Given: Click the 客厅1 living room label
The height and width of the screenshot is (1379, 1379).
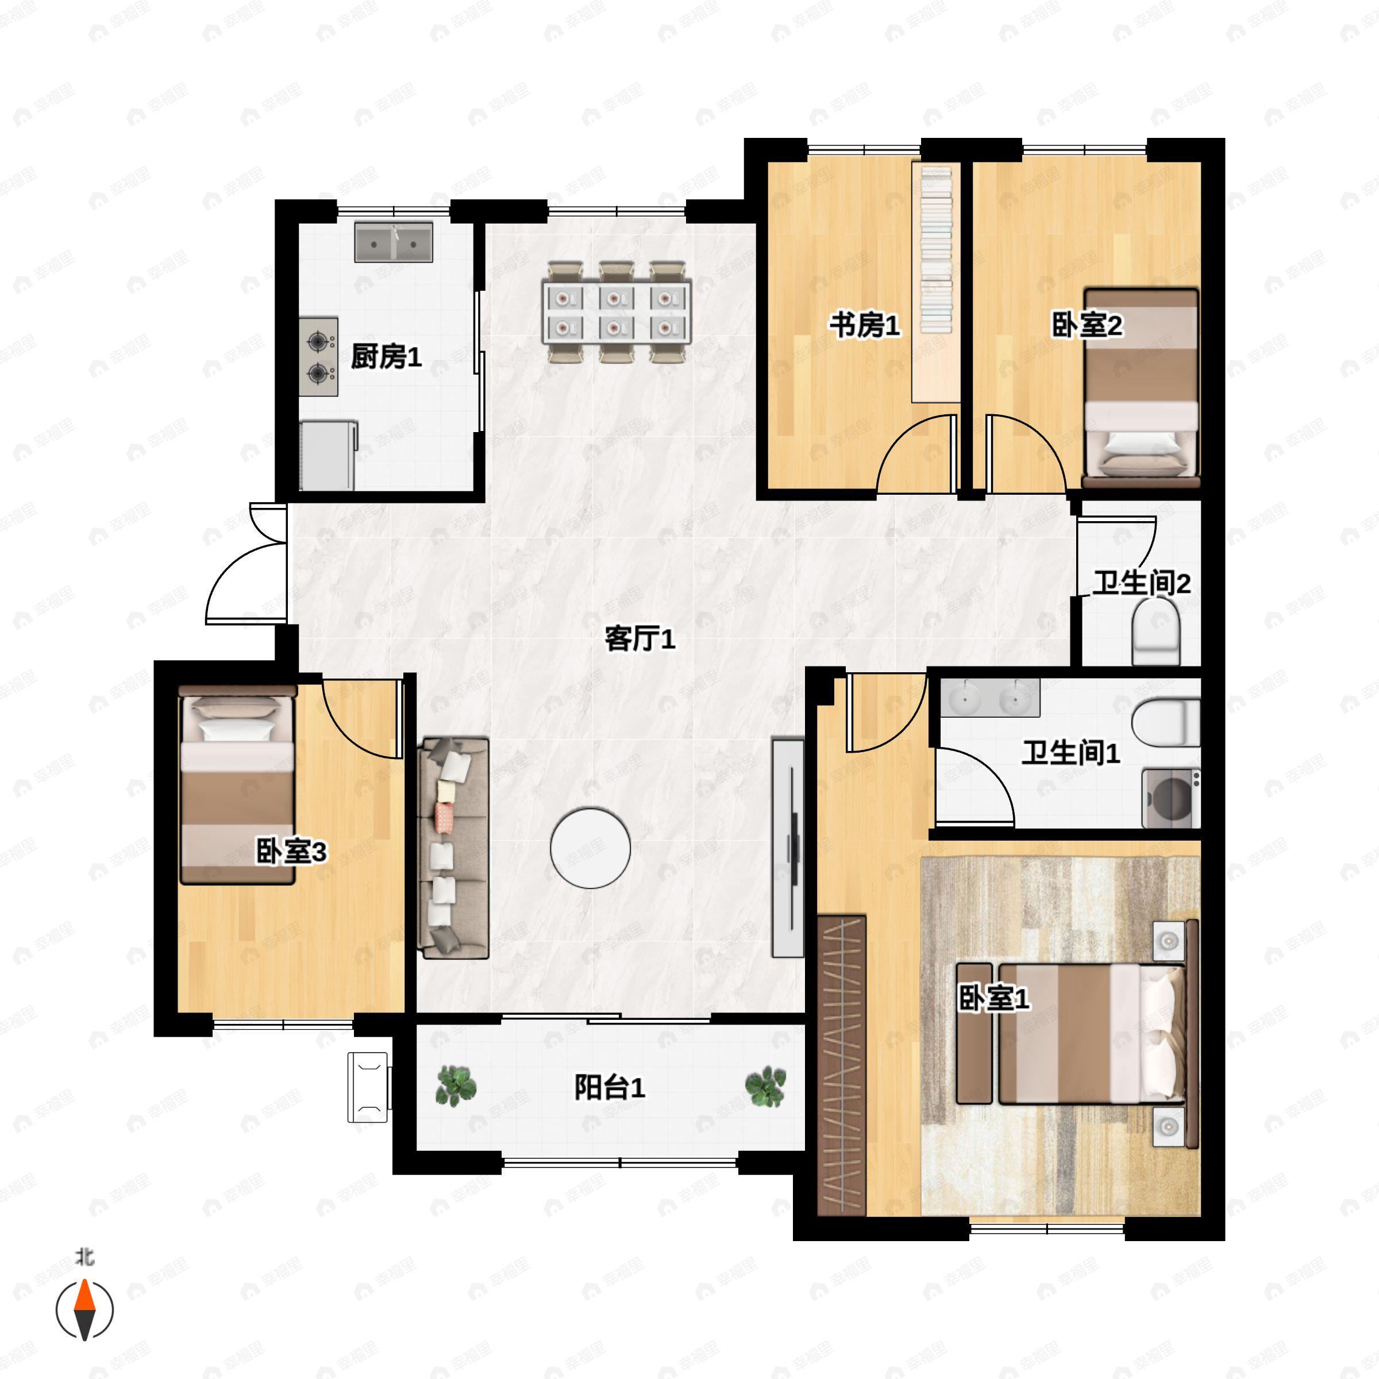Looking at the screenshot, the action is pyautogui.click(x=640, y=639).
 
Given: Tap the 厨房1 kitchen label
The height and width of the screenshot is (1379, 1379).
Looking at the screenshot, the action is pyautogui.click(x=386, y=357).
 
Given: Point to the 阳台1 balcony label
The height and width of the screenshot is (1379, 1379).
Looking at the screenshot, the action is pyautogui.click(x=610, y=1088).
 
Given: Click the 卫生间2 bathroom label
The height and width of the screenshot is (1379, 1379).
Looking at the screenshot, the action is pyautogui.click(x=1141, y=584).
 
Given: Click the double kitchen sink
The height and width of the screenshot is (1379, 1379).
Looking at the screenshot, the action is pyautogui.click(x=394, y=242).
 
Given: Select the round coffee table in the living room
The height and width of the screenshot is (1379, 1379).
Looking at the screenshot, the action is pyautogui.click(x=590, y=848).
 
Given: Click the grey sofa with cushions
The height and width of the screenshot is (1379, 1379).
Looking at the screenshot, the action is pyautogui.click(x=453, y=848).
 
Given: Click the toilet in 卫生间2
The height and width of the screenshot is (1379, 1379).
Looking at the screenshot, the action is pyautogui.click(x=1155, y=631).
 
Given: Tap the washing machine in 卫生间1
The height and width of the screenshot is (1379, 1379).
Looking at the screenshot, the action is pyautogui.click(x=1170, y=798).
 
